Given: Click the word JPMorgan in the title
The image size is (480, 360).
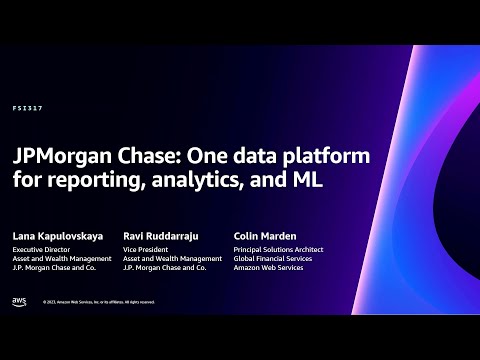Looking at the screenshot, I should coord(60,159).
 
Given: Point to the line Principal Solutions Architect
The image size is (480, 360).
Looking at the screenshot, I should coord(276,249).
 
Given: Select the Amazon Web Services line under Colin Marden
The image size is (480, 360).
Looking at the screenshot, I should coord(266,267).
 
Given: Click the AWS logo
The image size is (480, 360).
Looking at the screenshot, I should coord(19,301).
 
